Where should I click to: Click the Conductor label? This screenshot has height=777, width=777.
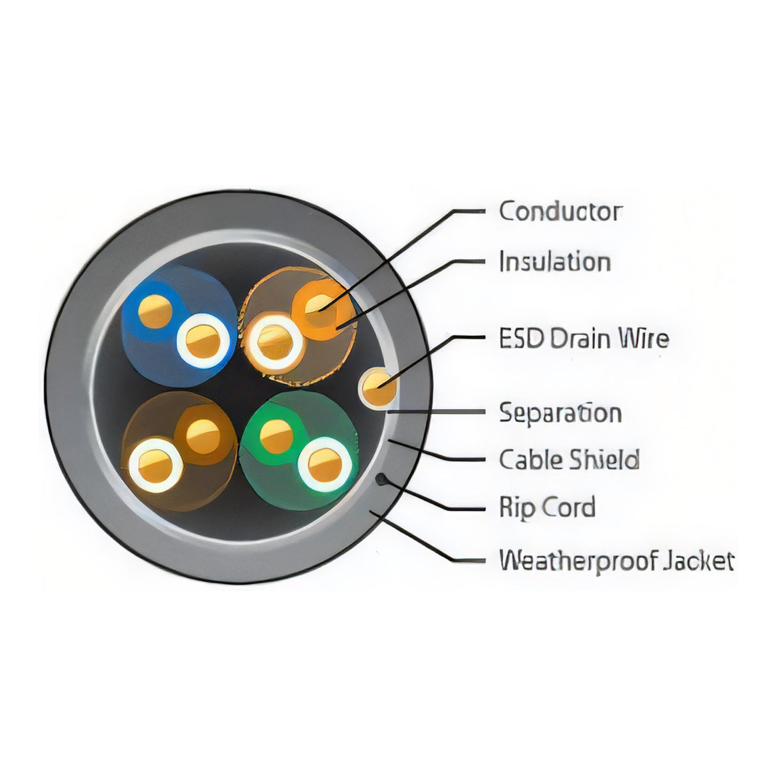561,211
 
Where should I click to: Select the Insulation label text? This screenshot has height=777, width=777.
555,261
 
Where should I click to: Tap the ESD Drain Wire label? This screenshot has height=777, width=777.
584,338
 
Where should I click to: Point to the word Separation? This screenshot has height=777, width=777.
560,413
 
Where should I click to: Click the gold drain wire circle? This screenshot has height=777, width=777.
378,388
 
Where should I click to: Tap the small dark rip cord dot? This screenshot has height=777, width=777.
380,479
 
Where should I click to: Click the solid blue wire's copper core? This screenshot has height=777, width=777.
155,311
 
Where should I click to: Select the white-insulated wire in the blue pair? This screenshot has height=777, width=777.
203,340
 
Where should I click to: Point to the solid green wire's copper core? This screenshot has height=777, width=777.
276,436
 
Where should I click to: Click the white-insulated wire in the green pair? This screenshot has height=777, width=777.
324,465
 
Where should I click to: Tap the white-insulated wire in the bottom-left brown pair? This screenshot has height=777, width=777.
155,466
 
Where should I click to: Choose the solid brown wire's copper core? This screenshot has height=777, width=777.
203,437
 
